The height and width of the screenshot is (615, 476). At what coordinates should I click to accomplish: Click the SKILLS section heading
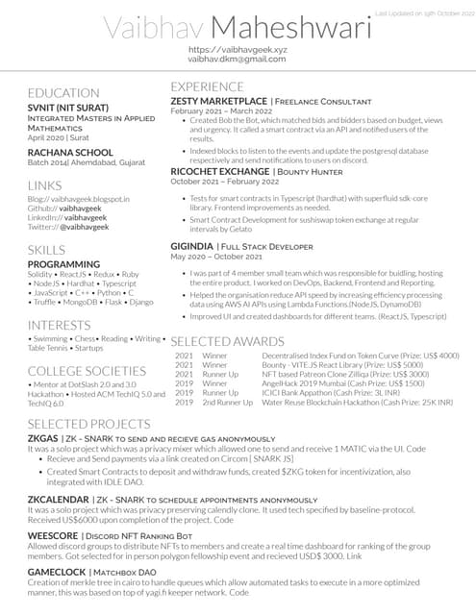(47, 250)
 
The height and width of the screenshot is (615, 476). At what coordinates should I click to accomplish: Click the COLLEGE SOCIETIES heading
(87, 371)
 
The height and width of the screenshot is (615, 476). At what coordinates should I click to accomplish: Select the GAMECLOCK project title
(58, 572)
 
